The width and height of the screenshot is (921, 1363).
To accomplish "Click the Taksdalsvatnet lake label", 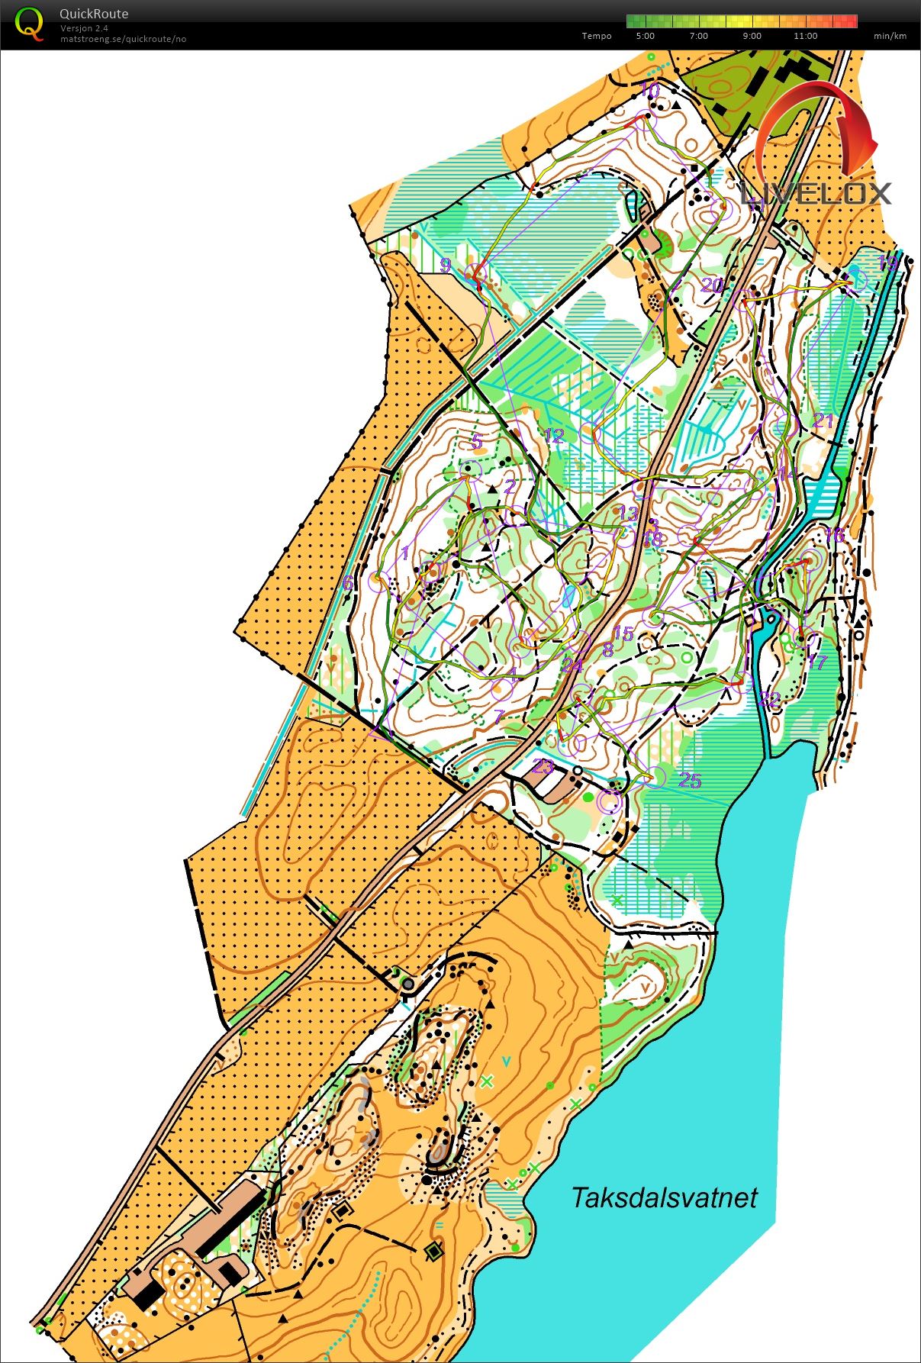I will click(x=664, y=1197).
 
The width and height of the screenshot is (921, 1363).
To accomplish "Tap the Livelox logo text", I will click(x=816, y=192).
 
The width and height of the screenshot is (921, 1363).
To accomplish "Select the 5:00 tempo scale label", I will click(x=645, y=36).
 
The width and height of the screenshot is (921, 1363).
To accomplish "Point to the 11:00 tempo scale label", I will click(x=805, y=36).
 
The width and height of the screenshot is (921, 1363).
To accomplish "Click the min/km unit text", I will click(x=890, y=36).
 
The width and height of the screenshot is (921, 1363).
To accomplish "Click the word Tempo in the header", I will click(x=596, y=36).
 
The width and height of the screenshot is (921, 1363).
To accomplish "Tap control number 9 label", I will click(x=446, y=266).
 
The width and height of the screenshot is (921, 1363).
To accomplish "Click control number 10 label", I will click(x=649, y=90).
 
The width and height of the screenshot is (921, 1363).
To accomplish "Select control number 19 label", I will click(x=887, y=264).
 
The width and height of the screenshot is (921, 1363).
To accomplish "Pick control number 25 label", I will click(x=690, y=780).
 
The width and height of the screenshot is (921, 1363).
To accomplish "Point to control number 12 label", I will click(x=554, y=436).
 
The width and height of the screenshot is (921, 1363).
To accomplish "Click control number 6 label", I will click(x=348, y=583).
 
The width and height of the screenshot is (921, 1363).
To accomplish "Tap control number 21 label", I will click(x=823, y=420).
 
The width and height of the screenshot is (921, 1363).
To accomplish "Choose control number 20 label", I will click(x=712, y=285).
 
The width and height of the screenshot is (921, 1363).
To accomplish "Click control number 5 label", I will click(x=477, y=441).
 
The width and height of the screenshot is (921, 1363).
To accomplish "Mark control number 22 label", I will click(x=770, y=699).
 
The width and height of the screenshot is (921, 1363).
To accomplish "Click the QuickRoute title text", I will click(x=94, y=14).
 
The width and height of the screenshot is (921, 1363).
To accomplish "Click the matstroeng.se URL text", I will click(x=123, y=39).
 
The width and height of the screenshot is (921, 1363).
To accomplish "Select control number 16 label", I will click(x=834, y=535).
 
